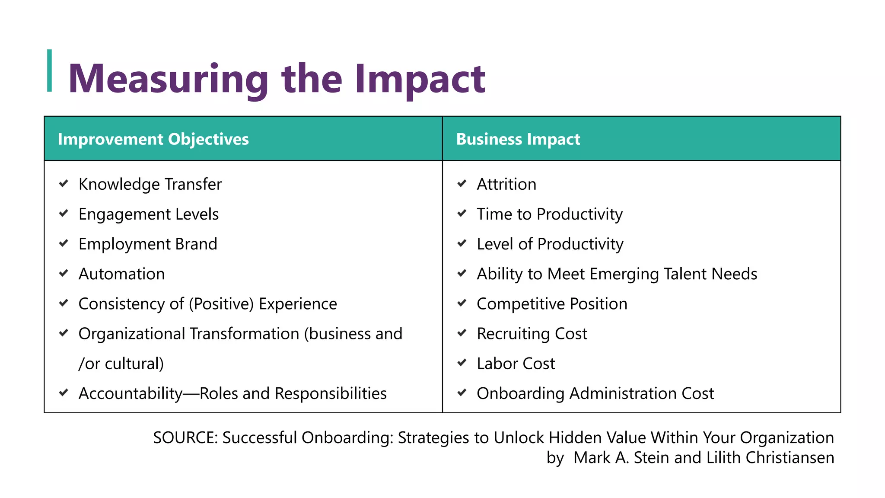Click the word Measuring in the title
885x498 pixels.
tap(169, 79)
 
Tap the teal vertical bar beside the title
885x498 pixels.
tap(50, 71)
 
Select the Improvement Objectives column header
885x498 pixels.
tap(153, 139)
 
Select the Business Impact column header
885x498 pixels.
tap(518, 139)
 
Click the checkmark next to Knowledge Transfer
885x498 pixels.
tap(64, 184)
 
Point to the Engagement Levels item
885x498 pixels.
tap(148, 214)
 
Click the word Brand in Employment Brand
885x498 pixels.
tap(196, 244)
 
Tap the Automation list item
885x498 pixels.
tap(121, 274)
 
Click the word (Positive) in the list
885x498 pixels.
tap(221, 304)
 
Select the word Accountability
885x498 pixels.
tap(130, 393)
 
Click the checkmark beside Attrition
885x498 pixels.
tap(462, 184)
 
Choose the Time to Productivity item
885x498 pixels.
tap(549, 214)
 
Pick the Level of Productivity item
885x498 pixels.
tap(550, 244)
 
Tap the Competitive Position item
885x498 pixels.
tap(551, 304)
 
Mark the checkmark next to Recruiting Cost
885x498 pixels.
tap(462, 333)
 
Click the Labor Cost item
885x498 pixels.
tap(516, 364)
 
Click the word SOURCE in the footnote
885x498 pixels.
tap(185, 438)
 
